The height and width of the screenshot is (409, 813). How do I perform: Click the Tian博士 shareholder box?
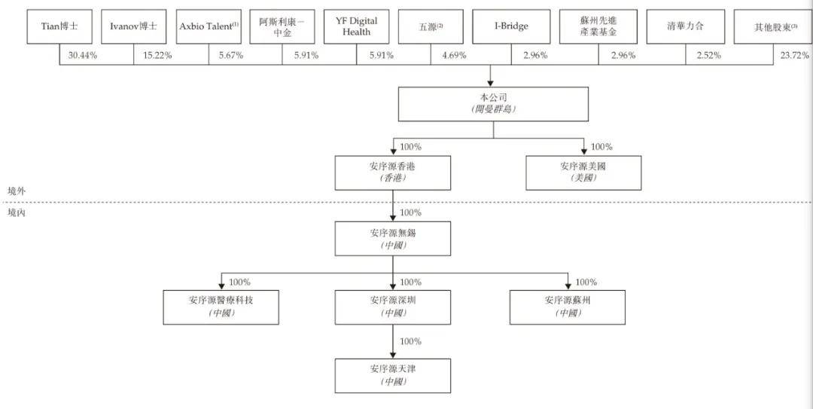point(59,26)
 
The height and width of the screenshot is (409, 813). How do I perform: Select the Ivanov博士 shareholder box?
point(133,26)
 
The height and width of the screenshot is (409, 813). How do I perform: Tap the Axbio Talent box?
point(209,26)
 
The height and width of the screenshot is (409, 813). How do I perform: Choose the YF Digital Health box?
point(356,26)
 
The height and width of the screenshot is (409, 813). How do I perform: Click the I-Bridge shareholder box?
point(511,26)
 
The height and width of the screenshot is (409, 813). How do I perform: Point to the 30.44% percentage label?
point(83,56)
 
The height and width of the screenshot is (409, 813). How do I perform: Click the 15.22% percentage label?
point(156,56)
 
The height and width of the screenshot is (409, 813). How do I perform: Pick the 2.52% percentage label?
point(708,56)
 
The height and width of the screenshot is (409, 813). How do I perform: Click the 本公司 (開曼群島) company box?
point(493,104)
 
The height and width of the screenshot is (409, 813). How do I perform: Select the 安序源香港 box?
point(392,172)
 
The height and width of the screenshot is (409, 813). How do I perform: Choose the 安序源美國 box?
point(584,172)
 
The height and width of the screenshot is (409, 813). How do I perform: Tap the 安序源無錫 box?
point(392,239)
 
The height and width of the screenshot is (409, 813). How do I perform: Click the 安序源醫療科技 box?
point(221,307)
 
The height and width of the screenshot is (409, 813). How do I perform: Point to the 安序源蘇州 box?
point(568,307)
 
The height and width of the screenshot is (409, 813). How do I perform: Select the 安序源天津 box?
point(392,376)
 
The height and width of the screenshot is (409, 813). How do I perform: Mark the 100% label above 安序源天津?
point(411,341)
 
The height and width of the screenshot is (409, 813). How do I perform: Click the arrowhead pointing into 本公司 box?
point(490,83)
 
